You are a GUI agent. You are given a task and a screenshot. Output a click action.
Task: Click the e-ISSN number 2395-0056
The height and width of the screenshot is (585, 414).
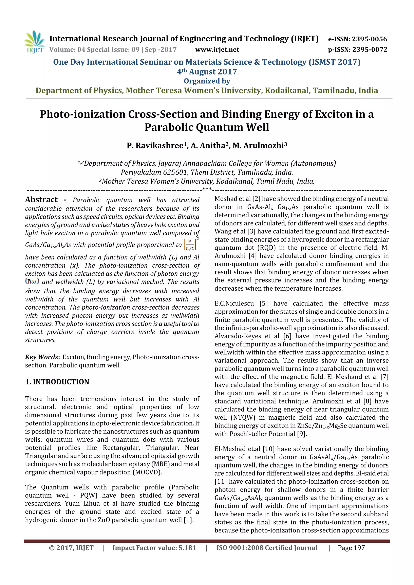(x=369, y=39)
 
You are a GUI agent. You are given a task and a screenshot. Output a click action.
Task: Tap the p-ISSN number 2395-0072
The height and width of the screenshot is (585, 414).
(x=370, y=50)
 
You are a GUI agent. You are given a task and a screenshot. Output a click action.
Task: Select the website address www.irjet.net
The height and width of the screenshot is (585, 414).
(x=217, y=50)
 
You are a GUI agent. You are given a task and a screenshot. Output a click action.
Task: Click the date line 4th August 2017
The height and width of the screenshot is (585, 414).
(x=207, y=72)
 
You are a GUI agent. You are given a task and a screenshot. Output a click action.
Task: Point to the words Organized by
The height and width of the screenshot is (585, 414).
(x=207, y=81)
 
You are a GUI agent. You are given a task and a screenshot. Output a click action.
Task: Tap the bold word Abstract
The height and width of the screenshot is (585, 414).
(x=41, y=200)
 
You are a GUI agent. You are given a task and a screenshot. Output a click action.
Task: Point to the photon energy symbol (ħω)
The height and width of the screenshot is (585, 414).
(x=32, y=281)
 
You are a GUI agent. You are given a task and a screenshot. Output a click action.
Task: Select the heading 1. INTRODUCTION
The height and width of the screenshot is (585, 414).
(x=57, y=382)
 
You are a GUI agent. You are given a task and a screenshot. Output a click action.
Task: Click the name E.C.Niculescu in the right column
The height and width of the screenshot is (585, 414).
(x=234, y=304)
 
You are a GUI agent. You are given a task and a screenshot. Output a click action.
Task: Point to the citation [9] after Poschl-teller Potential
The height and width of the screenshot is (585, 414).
(x=302, y=434)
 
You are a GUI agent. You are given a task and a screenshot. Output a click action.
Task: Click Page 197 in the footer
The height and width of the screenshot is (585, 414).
(x=351, y=548)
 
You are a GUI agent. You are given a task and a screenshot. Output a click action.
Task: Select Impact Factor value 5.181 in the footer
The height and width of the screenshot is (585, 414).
(x=154, y=548)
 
